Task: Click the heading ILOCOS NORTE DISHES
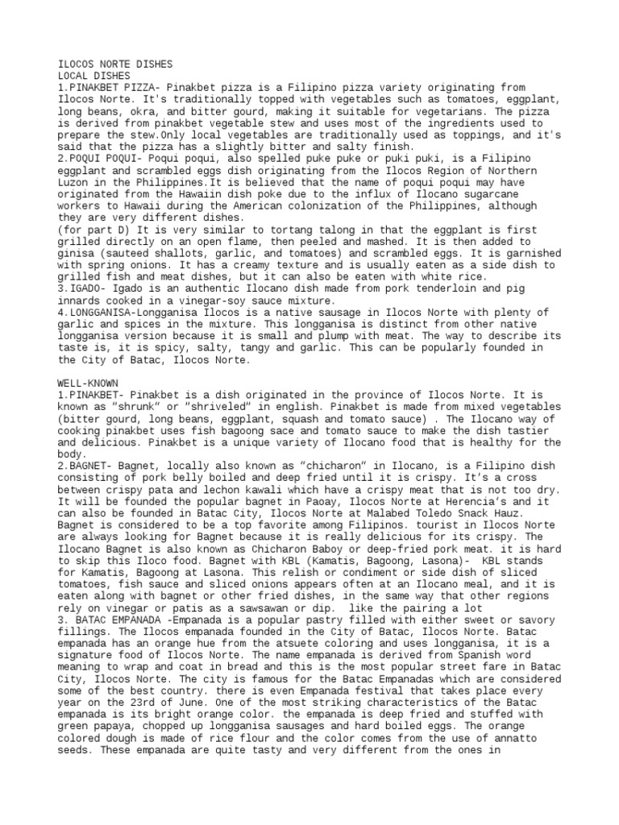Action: [115, 63]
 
